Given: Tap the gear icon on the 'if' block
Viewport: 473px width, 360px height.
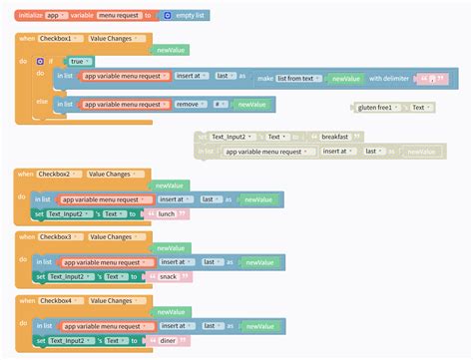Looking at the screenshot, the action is [x=40, y=61].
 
